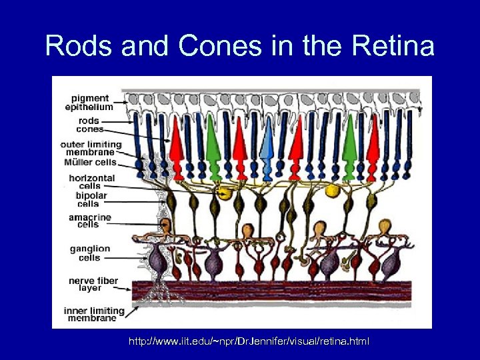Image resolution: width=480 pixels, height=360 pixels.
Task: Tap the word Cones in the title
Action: tap(211, 47)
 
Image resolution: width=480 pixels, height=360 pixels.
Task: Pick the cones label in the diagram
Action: tap(90, 129)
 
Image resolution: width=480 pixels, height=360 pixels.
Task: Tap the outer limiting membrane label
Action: tap(91, 149)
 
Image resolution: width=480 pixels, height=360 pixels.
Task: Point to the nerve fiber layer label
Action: tap(91, 285)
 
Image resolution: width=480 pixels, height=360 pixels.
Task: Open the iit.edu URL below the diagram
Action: tap(249, 342)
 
